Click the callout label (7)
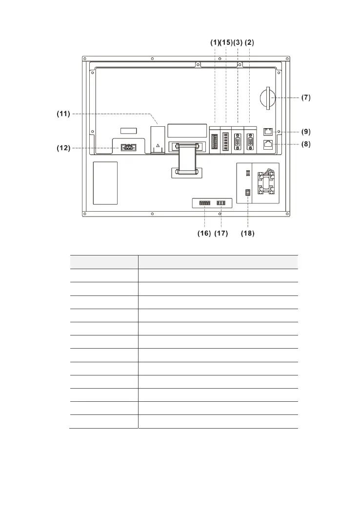tap(306, 98)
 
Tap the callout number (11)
tap(63, 114)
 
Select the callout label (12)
tap(63, 148)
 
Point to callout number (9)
tap(306, 132)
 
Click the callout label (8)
tap(306, 144)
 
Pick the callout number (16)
tap(204, 234)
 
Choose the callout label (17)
tap(221, 234)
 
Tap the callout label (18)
tap(247, 234)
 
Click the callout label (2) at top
tap(249, 42)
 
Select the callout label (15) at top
tap(226, 42)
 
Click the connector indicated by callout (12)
tap(128, 148)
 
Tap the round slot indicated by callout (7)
tap(268, 98)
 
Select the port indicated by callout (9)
tap(268, 132)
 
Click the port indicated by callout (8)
tap(268, 144)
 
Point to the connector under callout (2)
tap(250, 142)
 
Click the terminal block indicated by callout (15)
tap(226, 142)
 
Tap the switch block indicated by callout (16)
tap(205, 203)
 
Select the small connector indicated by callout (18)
tap(248, 192)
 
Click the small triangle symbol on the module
tap(158, 145)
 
